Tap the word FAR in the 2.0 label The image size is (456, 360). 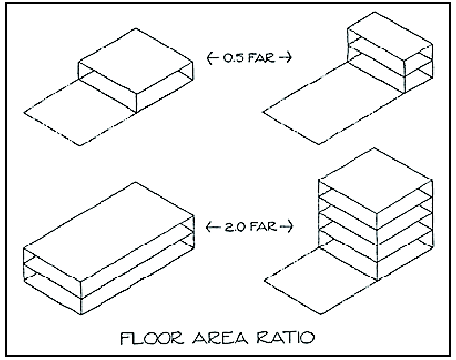coord(260,228)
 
